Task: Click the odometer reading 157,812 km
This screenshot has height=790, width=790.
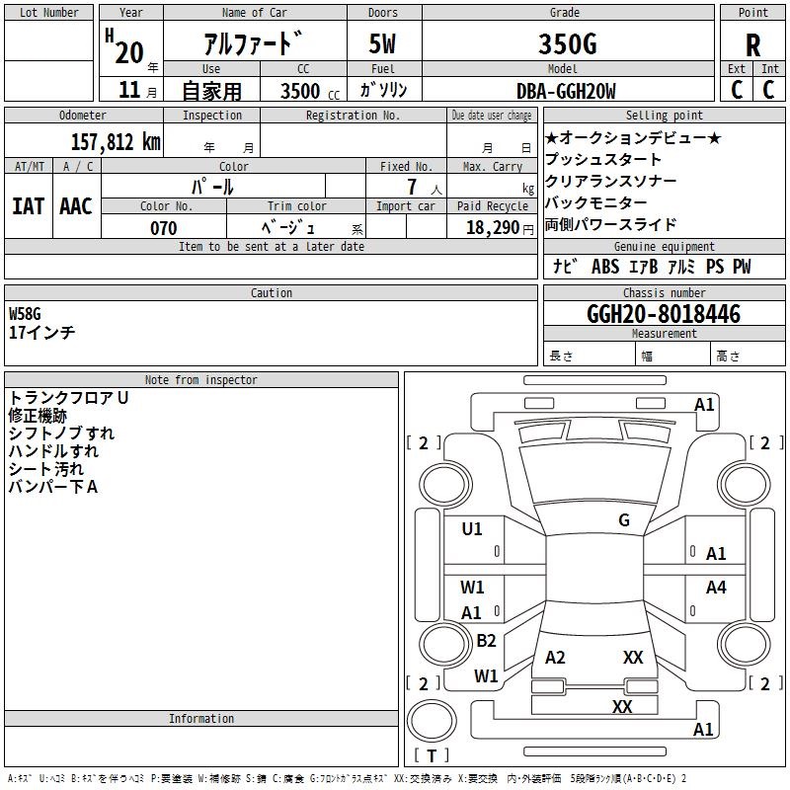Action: click(116, 142)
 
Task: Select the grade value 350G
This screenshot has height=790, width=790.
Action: click(568, 43)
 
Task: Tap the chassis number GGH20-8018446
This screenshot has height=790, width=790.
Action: click(664, 314)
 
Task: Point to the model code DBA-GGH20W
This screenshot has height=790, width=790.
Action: click(566, 91)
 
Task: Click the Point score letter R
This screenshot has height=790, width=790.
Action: click(752, 45)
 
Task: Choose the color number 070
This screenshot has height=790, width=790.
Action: click(164, 228)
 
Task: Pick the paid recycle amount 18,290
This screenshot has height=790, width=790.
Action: click(492, 228)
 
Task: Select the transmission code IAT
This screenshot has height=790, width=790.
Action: click(29, 206)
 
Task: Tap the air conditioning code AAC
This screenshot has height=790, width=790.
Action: click(76, 206)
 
